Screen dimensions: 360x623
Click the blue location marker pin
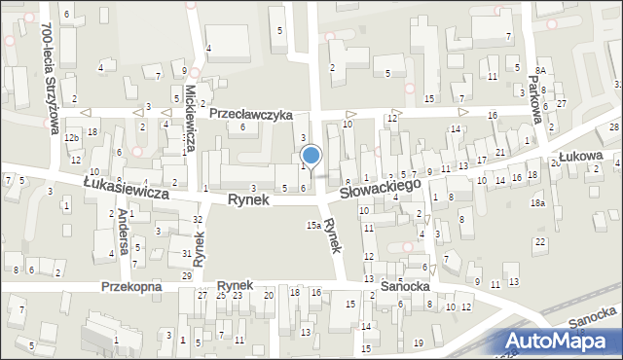pos(311,156)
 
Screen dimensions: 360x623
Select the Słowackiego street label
pos(382,187)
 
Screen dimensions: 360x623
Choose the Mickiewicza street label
pos(189,115)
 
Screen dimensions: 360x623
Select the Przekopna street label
pos(135,286)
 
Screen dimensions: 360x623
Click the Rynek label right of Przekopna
pos(236,284)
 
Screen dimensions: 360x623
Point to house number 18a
pos(537,202)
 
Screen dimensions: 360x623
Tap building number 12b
pos(71,138)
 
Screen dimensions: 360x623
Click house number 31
pos(186,253)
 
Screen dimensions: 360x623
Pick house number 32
pos(198,220)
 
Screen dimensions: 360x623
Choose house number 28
pos(613,128)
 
